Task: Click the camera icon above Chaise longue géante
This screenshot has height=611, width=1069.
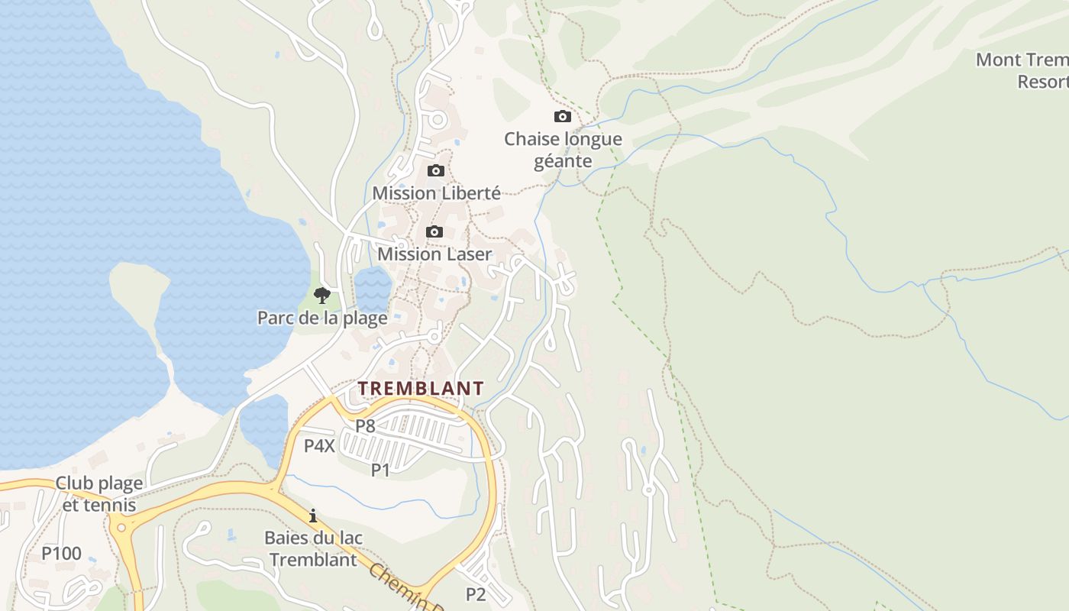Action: pos(562,117)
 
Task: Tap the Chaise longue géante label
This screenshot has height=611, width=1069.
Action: pos(563,150)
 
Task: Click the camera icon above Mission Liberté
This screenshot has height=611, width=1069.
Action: pos(435,171)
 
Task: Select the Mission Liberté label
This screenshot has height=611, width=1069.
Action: pos(436,193)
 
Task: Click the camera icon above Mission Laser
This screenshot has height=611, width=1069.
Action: pos(434,232)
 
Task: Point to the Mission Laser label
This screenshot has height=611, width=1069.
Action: pos(434,254)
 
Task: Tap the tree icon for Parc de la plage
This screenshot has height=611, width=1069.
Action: pos(322,296)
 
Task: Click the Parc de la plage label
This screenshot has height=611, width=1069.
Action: pos(322,318)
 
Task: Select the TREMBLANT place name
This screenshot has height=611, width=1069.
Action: pos(421,388)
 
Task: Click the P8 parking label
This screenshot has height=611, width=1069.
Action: pos(365,426)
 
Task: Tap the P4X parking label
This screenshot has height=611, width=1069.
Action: pos(319,446)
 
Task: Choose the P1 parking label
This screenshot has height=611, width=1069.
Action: pos(380,470)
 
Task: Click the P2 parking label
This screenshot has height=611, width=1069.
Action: pos(476,594)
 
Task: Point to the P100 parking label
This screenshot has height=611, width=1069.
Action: pos(61,554)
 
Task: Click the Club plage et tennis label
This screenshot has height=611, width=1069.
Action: pos(99,494)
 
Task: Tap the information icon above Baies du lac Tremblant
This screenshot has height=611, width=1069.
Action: pos(313,516)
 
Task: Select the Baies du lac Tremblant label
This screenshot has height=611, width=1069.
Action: pos(313,548)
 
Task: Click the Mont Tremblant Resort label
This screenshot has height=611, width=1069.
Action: pos(1023,70)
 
